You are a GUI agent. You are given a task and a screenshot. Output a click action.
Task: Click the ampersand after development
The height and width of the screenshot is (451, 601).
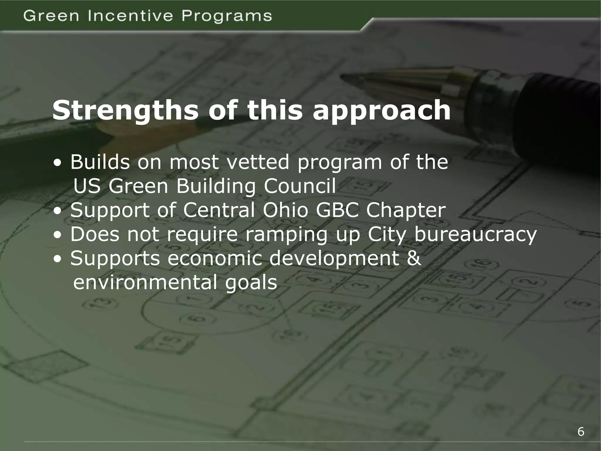tap(414, 258)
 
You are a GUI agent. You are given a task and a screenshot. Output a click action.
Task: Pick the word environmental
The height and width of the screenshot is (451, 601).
tap(145, 282)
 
